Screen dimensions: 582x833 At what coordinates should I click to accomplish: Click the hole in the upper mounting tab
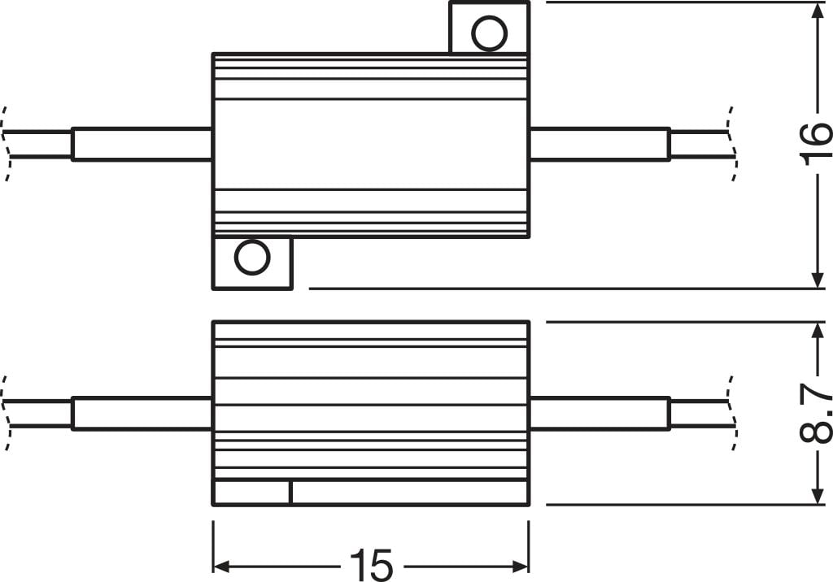click(489, 34)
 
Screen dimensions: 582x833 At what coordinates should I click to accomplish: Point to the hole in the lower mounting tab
click(251, 258)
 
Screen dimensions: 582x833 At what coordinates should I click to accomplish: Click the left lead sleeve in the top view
click(142, 144)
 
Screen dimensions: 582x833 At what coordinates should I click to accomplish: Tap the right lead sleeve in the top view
click(600, 144)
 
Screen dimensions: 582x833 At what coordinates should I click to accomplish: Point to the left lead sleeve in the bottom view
click(142, 413)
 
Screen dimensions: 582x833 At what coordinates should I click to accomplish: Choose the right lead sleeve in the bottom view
click(600, 413)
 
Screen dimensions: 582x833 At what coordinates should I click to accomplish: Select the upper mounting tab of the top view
click(489, 28)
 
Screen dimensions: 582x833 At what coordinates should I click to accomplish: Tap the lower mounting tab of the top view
click(251, 263)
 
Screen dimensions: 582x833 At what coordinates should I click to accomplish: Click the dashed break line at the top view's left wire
click(7, 144)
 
